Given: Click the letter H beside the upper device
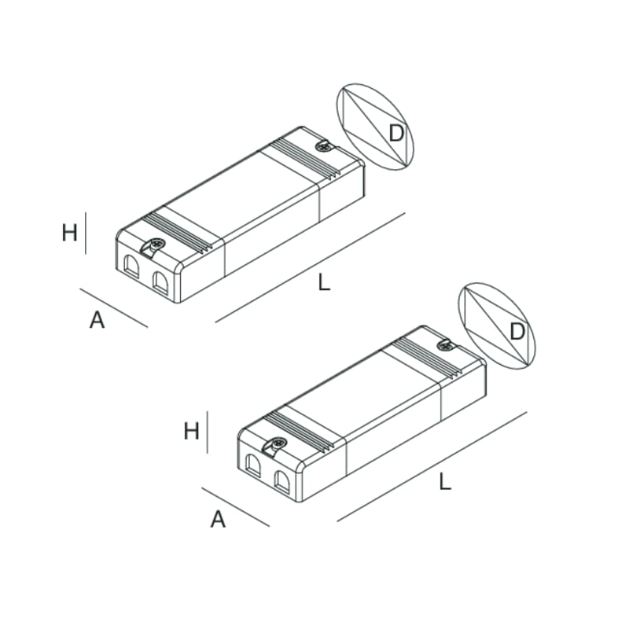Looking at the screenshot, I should point(69,233).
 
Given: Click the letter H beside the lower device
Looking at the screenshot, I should point(191,431).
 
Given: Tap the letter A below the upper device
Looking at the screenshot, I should point(97,320).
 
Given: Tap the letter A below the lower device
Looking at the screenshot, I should point(218,519).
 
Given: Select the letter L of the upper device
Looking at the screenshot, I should point(324,283).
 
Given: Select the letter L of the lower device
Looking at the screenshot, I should point(445,482).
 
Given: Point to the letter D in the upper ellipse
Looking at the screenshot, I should point(396,134).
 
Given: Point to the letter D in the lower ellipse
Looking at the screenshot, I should point(517,332).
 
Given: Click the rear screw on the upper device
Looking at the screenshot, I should point(322,145).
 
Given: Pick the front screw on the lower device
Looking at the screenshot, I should point(278,445).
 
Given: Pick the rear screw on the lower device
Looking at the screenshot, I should point(443,344).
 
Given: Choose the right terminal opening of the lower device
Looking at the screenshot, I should point(281,481).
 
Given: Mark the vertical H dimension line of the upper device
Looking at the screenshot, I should point(86,233).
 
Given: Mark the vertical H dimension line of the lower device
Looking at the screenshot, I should point(207,432).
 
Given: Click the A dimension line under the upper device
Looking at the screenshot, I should point(114,307).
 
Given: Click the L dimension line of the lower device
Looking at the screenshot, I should point(432,465).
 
